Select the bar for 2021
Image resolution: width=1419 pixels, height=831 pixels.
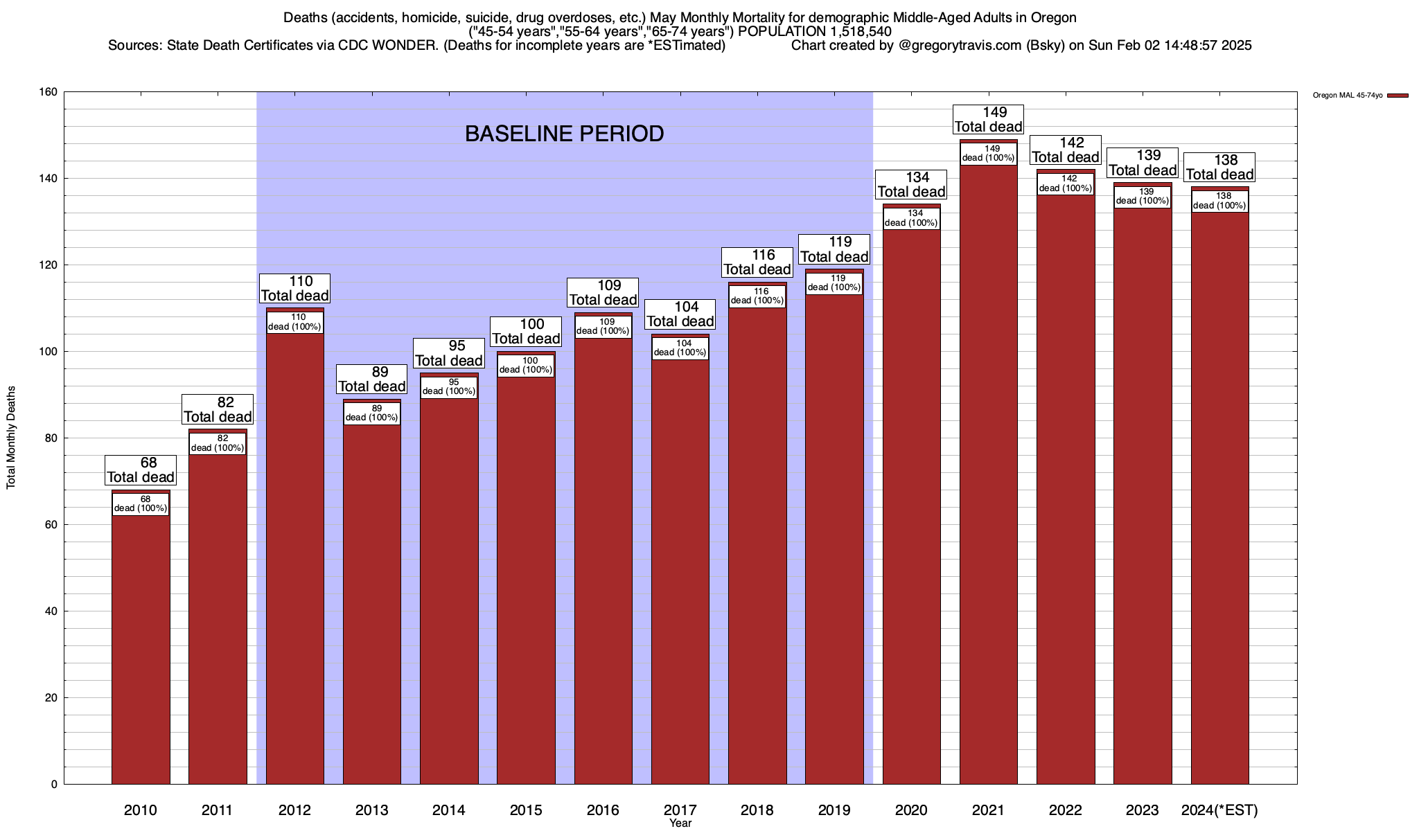coord(989,478)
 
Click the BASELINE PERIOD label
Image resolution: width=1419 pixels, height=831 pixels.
coord(564,134)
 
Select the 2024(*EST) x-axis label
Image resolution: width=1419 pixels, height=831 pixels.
coord(1219,810)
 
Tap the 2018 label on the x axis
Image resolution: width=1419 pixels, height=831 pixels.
coord(757,810)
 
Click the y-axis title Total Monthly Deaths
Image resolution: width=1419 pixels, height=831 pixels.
coord(11,438)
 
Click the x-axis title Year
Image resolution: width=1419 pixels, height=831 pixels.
coord(680,823)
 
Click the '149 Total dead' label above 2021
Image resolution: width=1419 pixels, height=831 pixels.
coord(989,120)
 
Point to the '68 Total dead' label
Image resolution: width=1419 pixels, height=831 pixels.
coord(141,470)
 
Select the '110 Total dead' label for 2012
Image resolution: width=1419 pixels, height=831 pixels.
coord(294,289)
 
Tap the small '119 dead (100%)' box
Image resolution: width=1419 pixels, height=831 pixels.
coord(834,283)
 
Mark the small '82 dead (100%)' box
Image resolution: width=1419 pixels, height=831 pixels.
coord(218,443)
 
